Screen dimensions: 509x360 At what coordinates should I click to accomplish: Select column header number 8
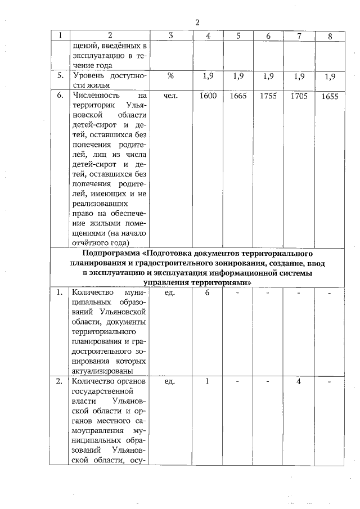[x=330, y=37]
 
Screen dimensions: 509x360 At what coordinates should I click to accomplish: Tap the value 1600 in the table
[x=208, y=96]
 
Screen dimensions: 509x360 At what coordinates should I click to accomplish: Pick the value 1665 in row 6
[x=238, y=96]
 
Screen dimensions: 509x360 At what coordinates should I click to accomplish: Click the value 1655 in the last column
[x=330, y=97]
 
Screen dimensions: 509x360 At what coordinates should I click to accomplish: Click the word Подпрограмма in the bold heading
[x=113, y=253]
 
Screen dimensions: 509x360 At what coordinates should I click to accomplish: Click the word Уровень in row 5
[x=88, y=76]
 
